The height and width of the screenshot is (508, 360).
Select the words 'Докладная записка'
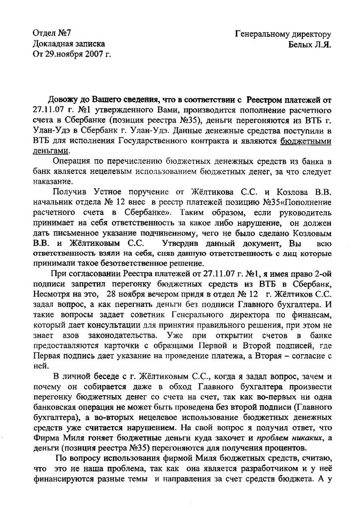point(68,43)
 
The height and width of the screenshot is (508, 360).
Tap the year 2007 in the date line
point(94,54)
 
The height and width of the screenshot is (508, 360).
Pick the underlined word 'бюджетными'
point(306,141)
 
